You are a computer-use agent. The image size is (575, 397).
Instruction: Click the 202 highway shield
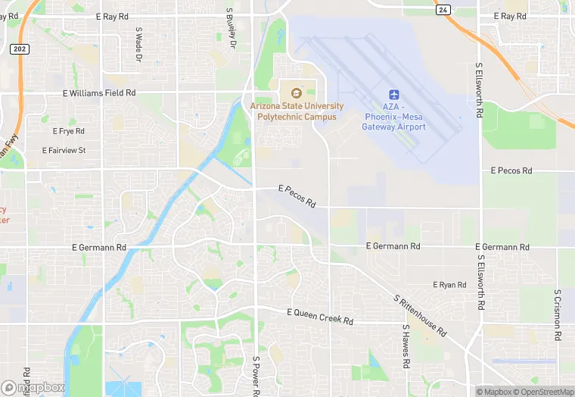pos(20,48)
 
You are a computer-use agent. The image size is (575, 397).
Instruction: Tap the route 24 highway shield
pos(443,10)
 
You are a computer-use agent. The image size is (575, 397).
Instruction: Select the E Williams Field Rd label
pos(99,92)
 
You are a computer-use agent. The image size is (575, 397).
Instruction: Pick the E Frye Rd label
pos(69,132)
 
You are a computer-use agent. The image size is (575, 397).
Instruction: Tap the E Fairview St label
pos(64,150)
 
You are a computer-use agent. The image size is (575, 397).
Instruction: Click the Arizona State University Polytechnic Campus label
pos(297,111)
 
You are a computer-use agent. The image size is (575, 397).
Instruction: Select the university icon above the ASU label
pos(296,93)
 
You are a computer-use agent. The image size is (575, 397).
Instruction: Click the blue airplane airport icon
pos(393,94)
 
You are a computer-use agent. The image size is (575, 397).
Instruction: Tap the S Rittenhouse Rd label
pos(420,315)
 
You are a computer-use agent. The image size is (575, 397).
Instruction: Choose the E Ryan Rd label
pos(449,285)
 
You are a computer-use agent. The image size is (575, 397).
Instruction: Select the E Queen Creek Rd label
pos(320,317)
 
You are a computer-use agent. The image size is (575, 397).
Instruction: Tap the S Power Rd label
pos(256,376)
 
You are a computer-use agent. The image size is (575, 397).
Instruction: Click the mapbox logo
pos(34,386)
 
